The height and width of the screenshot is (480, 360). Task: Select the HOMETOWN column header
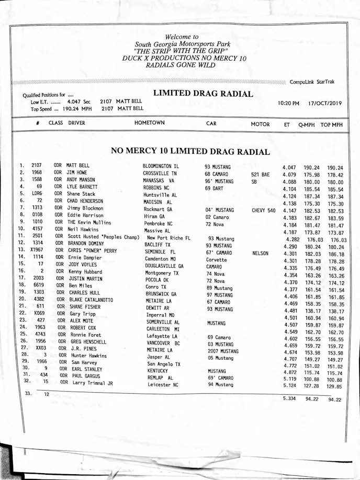pyautogui.click(x=149, y=123)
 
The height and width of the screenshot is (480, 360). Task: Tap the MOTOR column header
pyautogui.click(x=260, y=124)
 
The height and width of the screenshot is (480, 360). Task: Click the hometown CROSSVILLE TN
pyautogui.click(x=160, y=174)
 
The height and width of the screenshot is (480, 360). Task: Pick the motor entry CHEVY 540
pyautogui.click(x=263, y=211)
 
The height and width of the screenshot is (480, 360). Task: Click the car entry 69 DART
pyautogui.click(x=214, y=188)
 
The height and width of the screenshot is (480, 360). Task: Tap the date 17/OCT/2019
pyautogui.click(x=324, y=104)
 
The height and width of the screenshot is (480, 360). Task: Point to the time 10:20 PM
pyautogui.click(x=288, y=104)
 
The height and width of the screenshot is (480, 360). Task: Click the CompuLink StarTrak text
pyautogui.click(x=312, y=82)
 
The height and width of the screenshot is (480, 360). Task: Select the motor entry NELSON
pyautogui.click(x=260, y=254)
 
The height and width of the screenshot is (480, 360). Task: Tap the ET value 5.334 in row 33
pyautogui.click(x=290, y=398)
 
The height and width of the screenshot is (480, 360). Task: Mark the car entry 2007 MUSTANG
pyautogui.click(x=223, y=351)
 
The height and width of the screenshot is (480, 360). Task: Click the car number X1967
pyautogui.click(x=38, y=249)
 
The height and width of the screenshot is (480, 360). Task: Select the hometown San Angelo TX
pyautogui.click(x=164, y=364)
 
